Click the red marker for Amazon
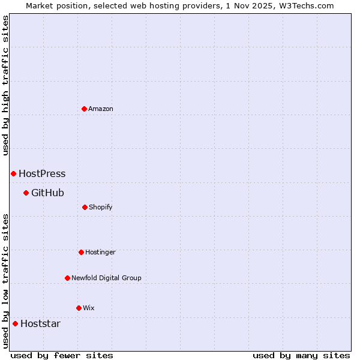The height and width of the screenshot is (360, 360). coord(84,109)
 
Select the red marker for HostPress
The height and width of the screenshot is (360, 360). coord(13,173)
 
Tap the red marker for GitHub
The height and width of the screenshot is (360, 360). coord(26,193)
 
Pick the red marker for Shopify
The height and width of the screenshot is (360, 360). coord(85,207)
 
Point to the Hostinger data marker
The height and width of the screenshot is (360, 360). coord(81,252)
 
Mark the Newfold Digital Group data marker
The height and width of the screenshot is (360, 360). coord(67,278)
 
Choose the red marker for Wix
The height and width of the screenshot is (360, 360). coord(79,308)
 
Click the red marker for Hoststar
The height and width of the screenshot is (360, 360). coord(15,323)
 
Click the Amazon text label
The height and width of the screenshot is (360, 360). coord(101,109)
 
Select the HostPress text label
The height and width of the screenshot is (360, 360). coord(42,174)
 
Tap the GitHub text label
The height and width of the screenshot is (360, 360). coord(47,193)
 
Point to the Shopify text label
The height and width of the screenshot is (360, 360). coord(101,207)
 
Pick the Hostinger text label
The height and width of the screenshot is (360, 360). coord(100,252)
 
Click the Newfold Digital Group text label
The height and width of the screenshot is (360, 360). coord(106,278)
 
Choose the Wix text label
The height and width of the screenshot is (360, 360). coord(89,308)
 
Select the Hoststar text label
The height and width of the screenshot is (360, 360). coord(40,324)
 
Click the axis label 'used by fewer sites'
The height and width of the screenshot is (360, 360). coord(62,355)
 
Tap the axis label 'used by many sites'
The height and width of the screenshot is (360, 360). coord(301,355)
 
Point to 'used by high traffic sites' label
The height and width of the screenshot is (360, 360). coord(5,86)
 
